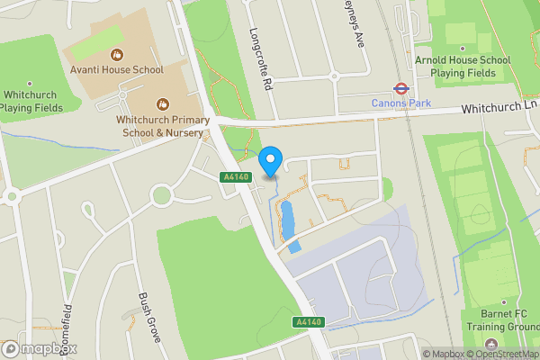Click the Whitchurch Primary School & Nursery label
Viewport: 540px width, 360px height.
pos(162,125)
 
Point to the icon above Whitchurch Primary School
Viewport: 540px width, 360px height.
pos(162,104)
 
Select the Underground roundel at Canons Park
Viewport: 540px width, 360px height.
pos(400,88)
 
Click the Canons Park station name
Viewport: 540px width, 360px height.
pos(401,103)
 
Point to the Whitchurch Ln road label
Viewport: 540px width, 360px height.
pos(499,107)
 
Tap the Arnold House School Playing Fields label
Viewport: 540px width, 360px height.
pos(462,66)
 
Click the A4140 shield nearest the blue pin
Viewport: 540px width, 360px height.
pos(234,177)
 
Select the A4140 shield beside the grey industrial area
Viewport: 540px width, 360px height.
pos(306,321)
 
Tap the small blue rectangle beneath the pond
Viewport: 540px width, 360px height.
pos(295,245)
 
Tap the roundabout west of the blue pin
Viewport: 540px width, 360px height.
pos(162,193)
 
